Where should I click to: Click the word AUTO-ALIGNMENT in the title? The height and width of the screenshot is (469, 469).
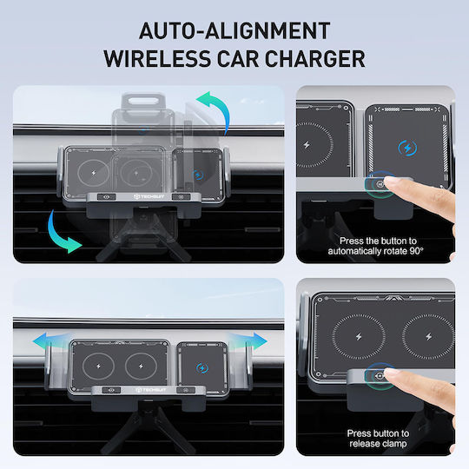pos(234,30)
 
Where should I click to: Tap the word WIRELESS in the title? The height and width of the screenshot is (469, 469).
pos(157,59)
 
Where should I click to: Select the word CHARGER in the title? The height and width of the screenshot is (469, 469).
pos(315,59)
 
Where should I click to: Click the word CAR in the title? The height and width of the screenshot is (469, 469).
pos(238,59)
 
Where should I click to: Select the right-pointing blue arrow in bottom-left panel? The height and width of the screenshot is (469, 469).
pos(249,341)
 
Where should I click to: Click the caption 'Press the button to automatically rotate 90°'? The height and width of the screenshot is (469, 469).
pos(376,246)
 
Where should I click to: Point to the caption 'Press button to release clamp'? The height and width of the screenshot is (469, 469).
pos(378,439)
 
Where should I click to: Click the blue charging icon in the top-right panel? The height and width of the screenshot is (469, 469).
pos(407,148)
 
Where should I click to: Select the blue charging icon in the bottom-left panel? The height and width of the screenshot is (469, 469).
pos(201,367)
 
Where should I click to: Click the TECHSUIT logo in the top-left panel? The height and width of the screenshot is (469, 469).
pos(149,197)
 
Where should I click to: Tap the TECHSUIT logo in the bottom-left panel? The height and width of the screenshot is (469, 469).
pos(151,390)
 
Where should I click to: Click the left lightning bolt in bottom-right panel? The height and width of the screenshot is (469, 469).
pos(359,337)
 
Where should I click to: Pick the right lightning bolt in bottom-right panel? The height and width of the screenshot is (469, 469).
pos(429,337)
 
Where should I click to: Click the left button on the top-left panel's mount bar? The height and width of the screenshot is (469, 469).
pos(107,197)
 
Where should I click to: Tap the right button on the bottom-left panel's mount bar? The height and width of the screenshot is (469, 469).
pos(186,390)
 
